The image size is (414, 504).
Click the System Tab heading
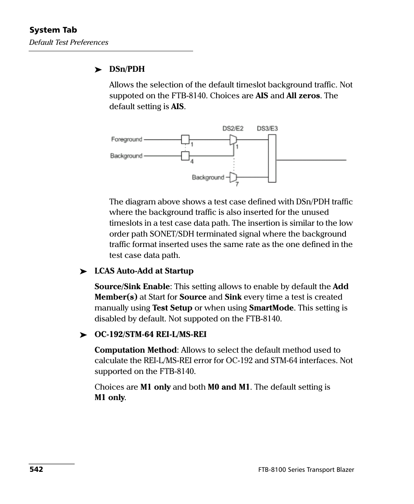53,30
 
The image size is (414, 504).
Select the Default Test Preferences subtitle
69,42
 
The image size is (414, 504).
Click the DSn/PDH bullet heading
127,69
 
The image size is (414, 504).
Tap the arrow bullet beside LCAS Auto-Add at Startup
83,271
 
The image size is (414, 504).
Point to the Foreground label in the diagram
126,140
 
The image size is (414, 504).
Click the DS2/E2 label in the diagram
233,128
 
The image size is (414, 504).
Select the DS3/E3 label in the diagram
267,128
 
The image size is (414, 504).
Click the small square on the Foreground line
185,140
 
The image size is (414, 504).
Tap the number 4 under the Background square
192,161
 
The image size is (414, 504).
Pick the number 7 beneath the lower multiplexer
237,184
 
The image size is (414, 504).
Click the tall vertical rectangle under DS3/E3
272,158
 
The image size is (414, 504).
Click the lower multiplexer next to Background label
233,177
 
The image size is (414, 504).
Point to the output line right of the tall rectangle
311,160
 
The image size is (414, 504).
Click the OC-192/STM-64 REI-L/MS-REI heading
150,334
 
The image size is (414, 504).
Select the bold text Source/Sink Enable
132,287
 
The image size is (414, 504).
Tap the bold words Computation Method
136,350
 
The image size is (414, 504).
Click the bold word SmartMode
271,308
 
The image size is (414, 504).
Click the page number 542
36,470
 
